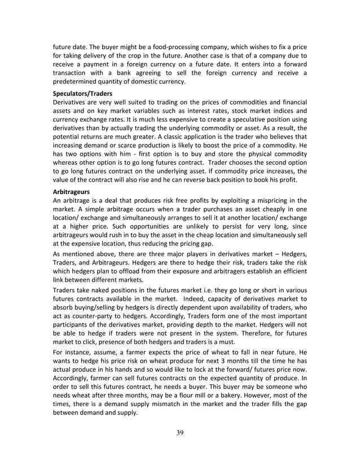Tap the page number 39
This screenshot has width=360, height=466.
[x=179, y=433]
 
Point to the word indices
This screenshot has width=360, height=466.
[x=282, y=111]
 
